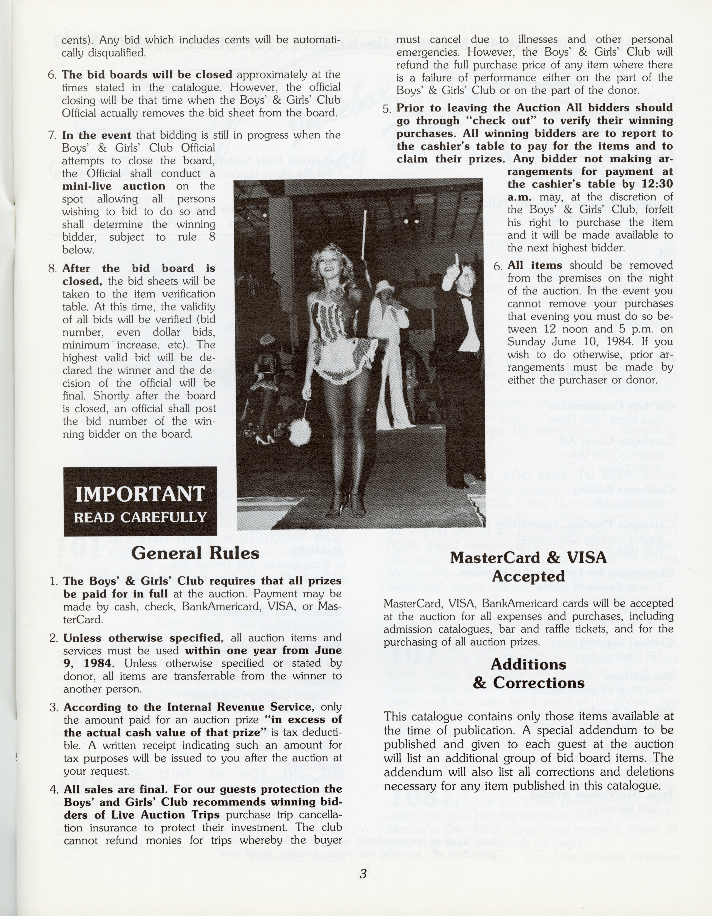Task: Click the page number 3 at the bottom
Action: (363, 874)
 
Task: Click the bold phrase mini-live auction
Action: (114, 186)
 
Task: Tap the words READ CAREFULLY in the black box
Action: (140, 517)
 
